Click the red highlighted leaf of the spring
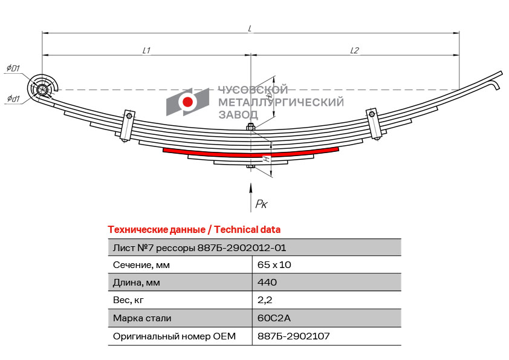[251, 152]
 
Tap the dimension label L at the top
[250, 28]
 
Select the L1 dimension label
[146, 50]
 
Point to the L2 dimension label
[354, 50]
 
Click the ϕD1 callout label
[13, 68]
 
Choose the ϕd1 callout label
[13, 98]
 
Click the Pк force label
[261, 204]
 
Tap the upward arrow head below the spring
[250, 188]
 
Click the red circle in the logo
[187, 102]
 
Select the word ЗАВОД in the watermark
[238, 115]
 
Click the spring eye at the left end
[42, 90]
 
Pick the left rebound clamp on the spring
[127, 126]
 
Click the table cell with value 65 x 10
[274, 265]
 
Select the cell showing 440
[267, 282]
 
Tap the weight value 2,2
[265, 300]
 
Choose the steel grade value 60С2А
[274, 318]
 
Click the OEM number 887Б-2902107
[293, 336]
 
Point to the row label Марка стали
[142, 318]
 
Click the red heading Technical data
[247, 229]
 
